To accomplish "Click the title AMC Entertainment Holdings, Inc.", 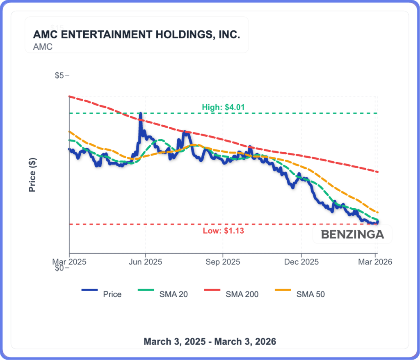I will pyautogui.click(x=136, y=35).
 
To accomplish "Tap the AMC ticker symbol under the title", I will pyautogui.click(x=43, y=47).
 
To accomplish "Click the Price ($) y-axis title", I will pyautogui.click(x=32, y=175).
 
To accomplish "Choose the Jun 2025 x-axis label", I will pyautogui.click(x=145, y=262).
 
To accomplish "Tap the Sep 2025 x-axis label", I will pyautogui.click(x=222, y=262).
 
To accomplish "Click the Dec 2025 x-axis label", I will pyautogui.click(x=301, y=262).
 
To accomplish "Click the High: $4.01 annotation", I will pyautogui.click(x=223, y=107).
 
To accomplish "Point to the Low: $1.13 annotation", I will pyautogui.click(x=223, y=231).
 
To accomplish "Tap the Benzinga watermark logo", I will pyautogui.click(x=352, y=235).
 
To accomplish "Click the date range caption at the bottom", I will pyautogui.click(x=210, y=342).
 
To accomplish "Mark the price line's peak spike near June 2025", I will pyautogui.click(x=140, y=113).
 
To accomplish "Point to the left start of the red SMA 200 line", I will pyautogui.click(x=69, y=96).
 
